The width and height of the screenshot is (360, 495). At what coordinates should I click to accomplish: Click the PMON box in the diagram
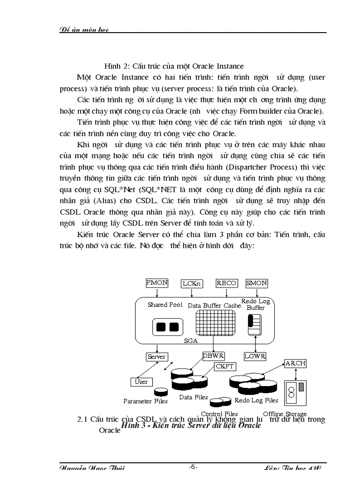[x=157, y=283]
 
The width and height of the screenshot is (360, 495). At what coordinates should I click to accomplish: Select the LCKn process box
[x=192, y=283]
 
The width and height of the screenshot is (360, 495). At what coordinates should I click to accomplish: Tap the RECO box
[x=226, y=283]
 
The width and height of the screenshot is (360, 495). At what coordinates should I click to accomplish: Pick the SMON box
[x=256, y=283]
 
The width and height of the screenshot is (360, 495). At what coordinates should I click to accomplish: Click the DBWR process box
[x=214, y=356]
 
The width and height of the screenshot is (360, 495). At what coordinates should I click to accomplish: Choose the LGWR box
[x=255, y=356]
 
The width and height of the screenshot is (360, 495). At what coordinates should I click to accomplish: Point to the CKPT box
[x=225, y=366]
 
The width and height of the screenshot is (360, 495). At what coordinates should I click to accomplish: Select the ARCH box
[x=295, y=364]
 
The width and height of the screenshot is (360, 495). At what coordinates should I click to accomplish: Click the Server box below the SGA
[x=157, y=357]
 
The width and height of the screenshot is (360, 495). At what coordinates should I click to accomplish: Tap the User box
[x=141, y=382]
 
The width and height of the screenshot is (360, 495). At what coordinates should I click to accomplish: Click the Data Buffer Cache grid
[x=214, y=324]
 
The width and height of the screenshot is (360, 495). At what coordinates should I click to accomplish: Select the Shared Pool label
[x=165, y=305]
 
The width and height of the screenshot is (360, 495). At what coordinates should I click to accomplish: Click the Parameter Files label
[x=145, y=401]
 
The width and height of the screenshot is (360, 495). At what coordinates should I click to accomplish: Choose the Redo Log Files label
[x=256, y=400]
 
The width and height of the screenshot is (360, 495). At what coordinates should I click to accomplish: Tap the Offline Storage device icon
[x=296, y=392]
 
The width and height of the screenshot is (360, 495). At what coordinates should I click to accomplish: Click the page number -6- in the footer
[x=193, y=467]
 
